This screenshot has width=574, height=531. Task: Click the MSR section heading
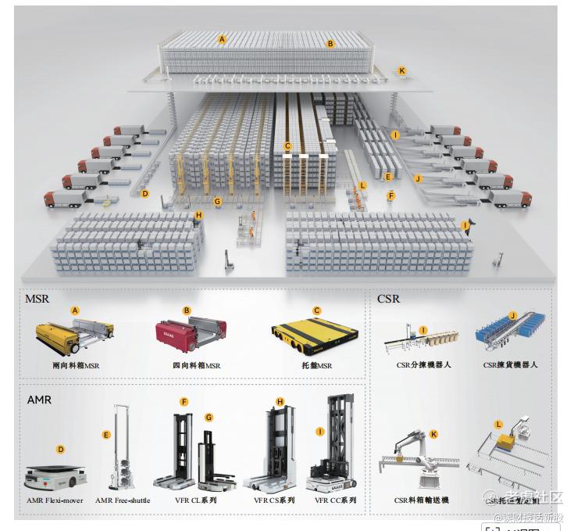tap(37, 298)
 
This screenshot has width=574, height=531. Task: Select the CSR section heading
tap(388, 298)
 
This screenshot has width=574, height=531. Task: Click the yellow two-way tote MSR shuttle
tap(74, 335)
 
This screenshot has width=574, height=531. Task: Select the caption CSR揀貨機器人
tap(510, 364)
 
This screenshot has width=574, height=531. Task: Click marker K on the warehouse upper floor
tap(402, 70)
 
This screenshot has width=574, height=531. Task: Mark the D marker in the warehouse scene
tap(144, 193)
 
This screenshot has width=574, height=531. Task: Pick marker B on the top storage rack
tap(330, 44)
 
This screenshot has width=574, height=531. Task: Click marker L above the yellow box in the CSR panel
tap(498, 425)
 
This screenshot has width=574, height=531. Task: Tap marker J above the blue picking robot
tap(513, 315)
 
